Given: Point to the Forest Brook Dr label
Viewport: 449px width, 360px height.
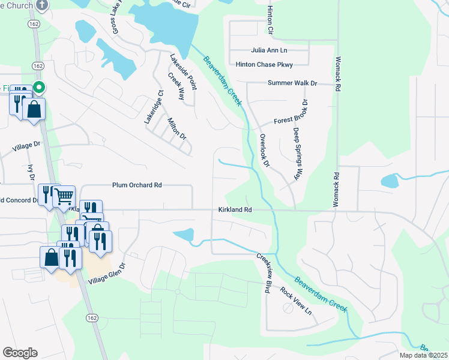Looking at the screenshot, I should [x=295, y=120].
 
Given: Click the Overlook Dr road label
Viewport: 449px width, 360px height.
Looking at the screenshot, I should [x=265, y=150].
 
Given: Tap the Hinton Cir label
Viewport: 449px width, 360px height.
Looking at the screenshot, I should [x=270, y=21].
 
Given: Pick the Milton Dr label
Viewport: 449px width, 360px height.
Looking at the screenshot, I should [x=178, y=128].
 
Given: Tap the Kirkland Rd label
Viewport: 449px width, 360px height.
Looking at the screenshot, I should [x=234, y=210].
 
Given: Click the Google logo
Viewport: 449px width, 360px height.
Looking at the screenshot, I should [x=20, y=353].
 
